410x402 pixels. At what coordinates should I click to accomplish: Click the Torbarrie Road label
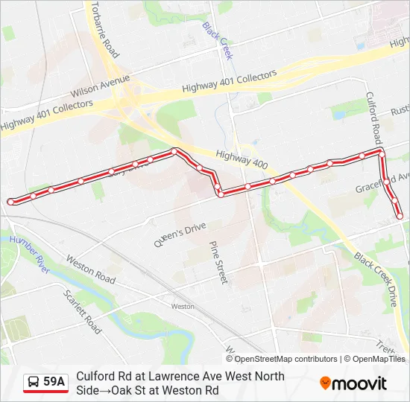point(104,30)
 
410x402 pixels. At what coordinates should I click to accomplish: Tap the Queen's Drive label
point(179,235)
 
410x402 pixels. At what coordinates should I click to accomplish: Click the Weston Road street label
point(90,269)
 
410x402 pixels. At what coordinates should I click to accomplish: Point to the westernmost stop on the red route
point(10,202)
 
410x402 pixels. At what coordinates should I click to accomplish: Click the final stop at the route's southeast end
point(400,216)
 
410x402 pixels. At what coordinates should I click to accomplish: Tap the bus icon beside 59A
point(34,382)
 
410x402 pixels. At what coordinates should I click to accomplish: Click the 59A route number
point(54,382)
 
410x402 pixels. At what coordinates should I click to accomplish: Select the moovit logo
point(353,383)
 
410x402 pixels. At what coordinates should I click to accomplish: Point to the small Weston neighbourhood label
point(182,306)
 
